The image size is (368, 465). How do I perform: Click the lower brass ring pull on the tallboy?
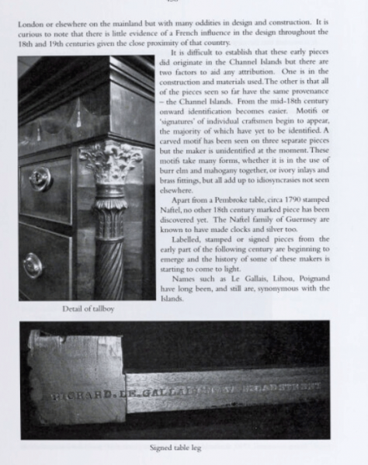click(33, 266)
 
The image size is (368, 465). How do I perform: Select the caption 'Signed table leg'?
click(183, 447)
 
